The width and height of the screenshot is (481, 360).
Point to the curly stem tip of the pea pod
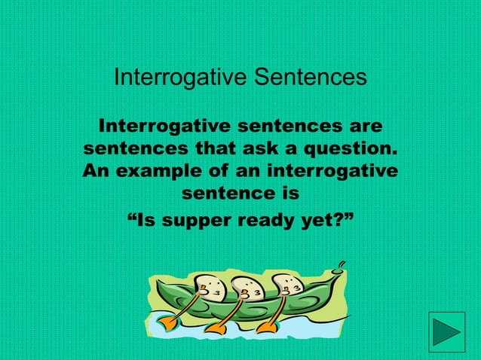click(342, 264)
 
